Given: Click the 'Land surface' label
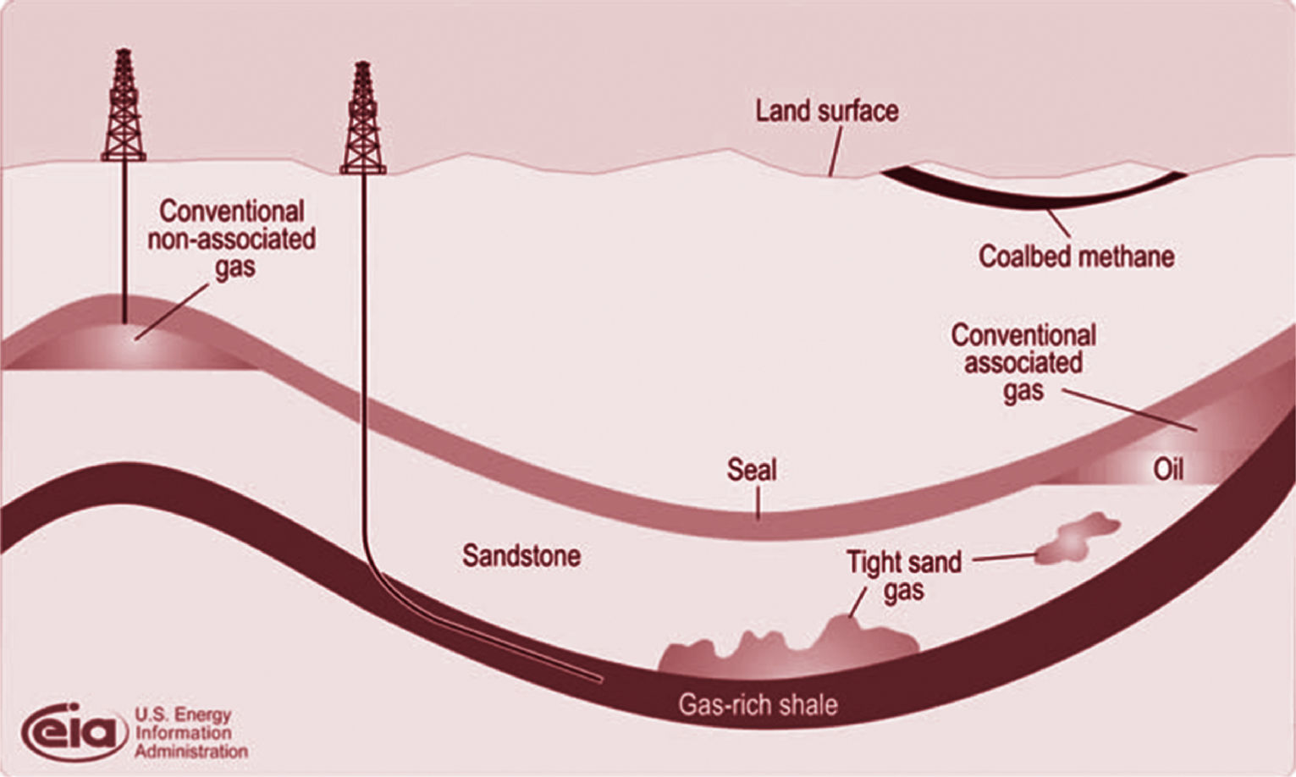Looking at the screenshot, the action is tap(827, 111).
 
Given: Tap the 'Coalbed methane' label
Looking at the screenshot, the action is tap(1076, 256).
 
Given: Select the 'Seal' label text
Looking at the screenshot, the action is tap(751, 470).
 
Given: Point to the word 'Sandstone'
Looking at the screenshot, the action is tap(521, 556).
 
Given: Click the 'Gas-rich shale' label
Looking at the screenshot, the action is tap(758, 704).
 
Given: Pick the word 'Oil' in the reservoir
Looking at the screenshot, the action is tap(1168, 469).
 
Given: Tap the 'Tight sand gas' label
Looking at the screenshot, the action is tap(904, 576).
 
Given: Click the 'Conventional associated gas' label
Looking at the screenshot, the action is tap(1023, 362).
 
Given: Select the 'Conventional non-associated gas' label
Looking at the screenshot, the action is tap(232, 239).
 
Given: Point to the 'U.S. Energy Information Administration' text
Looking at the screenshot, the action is tap(190, 733).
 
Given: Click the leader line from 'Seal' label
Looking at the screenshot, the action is tap(758, 503).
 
